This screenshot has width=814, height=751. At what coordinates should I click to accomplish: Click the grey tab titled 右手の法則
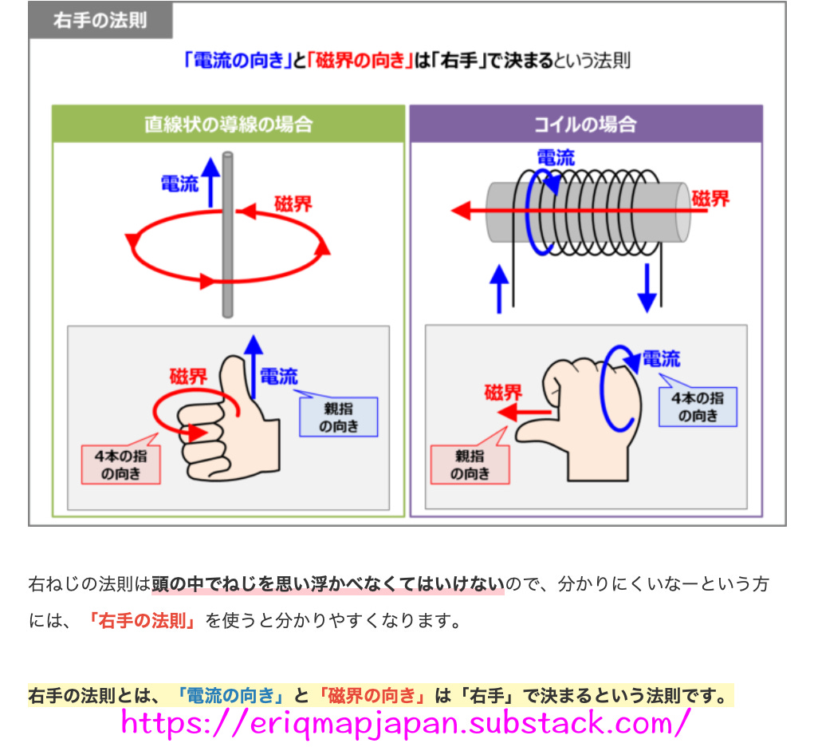pos(100,20)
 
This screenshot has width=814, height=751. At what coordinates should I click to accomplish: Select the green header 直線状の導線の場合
pos(228,124)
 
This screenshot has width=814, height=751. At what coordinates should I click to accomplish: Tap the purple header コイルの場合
pos(585,124)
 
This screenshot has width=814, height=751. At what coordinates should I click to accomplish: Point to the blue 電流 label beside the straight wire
pos(179,184)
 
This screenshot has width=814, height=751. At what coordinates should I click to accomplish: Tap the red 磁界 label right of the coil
pos(710,199)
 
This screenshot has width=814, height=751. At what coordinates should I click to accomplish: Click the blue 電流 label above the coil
pos(555,157)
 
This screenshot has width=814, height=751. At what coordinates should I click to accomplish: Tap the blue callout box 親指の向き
pos(338,417)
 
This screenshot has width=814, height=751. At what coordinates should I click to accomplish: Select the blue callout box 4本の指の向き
pos(698,406)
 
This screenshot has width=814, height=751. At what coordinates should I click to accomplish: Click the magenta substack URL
pos(405,722)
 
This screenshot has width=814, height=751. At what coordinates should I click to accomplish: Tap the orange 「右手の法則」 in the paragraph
pos(143,621)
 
